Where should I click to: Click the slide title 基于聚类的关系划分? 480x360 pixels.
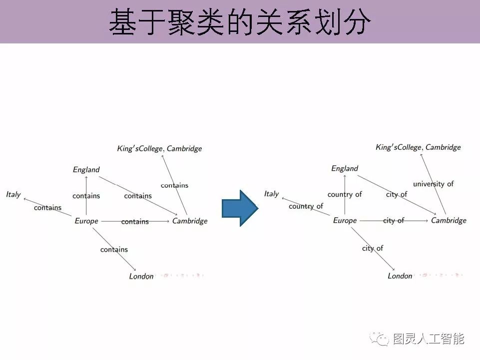[x=240, y=22]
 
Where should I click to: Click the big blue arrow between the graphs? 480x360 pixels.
[x=240, y=208]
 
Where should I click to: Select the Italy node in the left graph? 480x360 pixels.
[x=13, y=194]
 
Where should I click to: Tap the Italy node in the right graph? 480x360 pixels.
[x=272, y=194]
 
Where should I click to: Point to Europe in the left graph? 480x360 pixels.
[x=86, y=221]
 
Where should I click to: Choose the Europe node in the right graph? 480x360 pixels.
[x=345, y=220]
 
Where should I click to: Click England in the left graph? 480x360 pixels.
[x=86, y=170]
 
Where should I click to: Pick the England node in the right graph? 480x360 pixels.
[x=345, y=169]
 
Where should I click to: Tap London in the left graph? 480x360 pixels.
[x=141, y=277]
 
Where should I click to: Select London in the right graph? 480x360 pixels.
[x=400, y=276]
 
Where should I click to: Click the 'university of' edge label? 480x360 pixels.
[x=433, y=184]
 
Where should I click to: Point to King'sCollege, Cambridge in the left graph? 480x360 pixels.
[x=159, y=148]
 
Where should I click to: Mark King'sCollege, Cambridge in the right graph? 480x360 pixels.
[x=418, y=147]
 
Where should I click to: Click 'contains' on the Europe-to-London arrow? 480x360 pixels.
[x=114, y=250]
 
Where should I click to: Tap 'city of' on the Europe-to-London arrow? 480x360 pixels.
[x=373, y=248]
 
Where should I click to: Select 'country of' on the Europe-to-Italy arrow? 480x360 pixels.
[x=306, y=206]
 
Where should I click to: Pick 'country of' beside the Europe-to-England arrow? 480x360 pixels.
[x=345, y=194]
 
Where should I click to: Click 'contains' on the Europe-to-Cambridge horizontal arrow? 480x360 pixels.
[x=135, y=222]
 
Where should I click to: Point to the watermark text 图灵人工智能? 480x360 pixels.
[x=429, y=340]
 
